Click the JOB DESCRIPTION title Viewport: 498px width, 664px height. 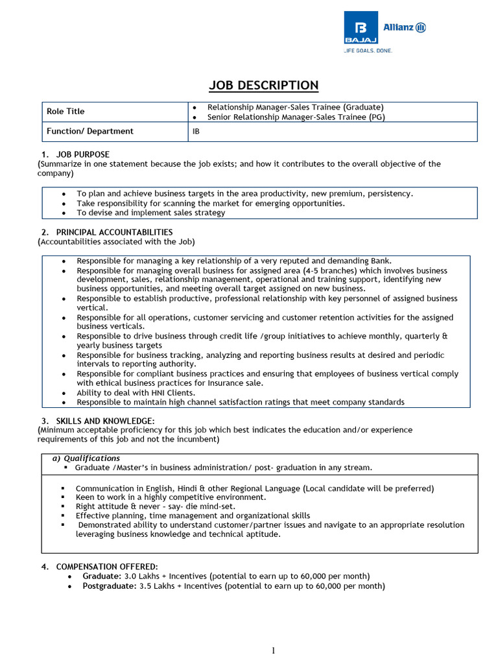[x=263, y=86]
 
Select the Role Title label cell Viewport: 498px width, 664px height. [x=65, y=112]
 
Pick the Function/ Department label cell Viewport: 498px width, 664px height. [x=89, y=131]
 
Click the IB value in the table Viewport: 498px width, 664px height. [x=196, y=131]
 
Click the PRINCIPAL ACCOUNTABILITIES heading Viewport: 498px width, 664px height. [x=114, y=232]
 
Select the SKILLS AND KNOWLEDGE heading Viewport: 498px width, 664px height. [x=105, y=421]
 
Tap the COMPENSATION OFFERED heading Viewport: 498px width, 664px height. [x=106, y=567]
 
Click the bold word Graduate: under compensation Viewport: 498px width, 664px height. [x=102, y=576]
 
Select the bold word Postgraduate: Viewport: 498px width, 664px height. [x=109, y=586]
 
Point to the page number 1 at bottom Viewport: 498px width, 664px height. [x=274, y=651]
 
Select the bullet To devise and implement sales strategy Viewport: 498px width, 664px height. [x=150, y=213]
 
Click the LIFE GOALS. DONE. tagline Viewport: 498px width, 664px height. [x=368, y=51]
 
